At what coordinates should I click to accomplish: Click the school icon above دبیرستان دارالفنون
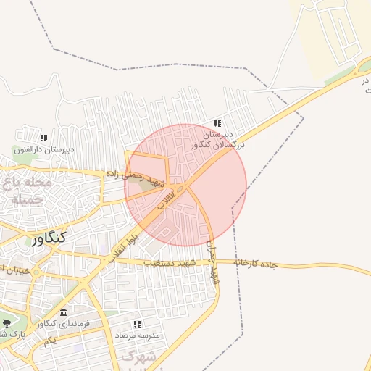point(43,138)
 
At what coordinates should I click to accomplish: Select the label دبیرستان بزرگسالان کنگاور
point(218,140)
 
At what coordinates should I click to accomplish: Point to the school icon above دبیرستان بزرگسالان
point(217,124)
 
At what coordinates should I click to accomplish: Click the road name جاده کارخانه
point(256,262)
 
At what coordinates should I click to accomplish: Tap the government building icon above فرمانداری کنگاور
point(64,312)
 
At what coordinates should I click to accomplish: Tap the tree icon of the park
point(7,323)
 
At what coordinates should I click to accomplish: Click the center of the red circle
point(185,185)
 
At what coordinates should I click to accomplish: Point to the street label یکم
point(49,341)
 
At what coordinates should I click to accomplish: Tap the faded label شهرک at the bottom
point(138,357)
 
